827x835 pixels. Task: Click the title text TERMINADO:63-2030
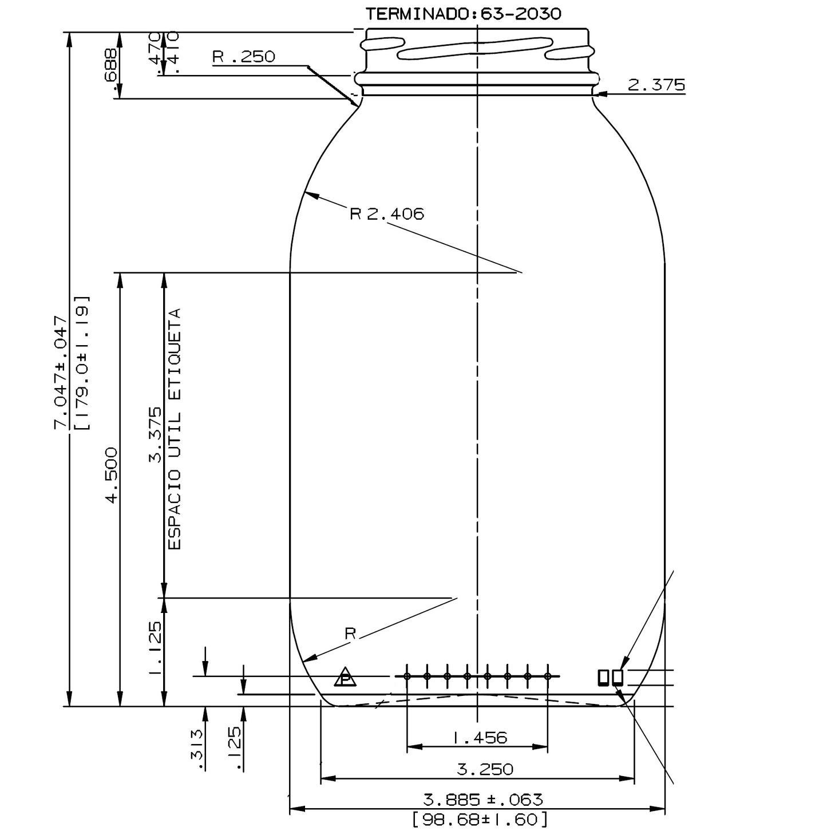pyautogui.click(x=464, y=14)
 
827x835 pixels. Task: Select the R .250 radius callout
pyautogui.click(x=244, y=57)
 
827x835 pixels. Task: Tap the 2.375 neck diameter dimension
pyautogui.click(x=656, y=85)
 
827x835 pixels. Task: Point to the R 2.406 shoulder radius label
pyautogui.click(x=387, y=214)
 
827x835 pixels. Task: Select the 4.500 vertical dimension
pyautogui.click(x=110, y=475)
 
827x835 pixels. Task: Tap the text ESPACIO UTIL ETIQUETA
pyautogui.click(x=175, y=429)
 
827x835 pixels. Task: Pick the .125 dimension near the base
pyautogui.click(x=235, y=749)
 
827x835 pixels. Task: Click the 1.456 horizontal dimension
pyautogui.click(x=480, y=738)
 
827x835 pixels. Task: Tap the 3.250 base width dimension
pyautogui.click(x=485, y=769)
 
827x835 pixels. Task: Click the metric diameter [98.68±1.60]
pyautogui.click(x=480, y=819)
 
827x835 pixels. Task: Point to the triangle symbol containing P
pyautogui.click(x=345, y=678)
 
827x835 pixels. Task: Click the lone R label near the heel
pyautogui.click(x=350, y=634)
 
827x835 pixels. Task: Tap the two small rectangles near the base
pyautogui.click(x=611, y=677)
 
